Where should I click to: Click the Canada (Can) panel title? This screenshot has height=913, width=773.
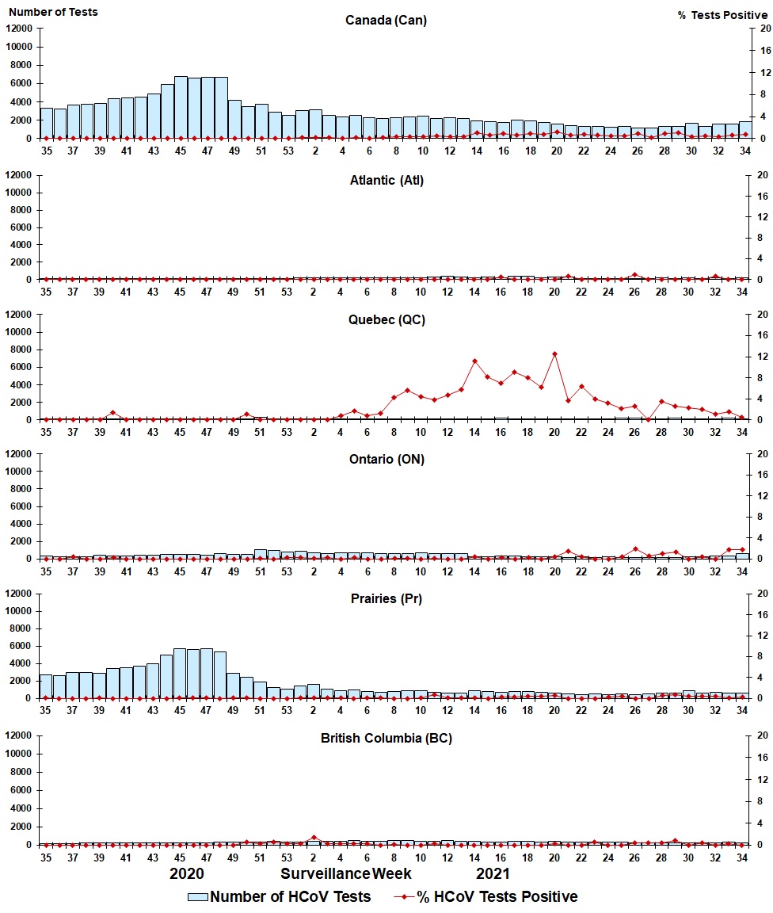click(386, 21)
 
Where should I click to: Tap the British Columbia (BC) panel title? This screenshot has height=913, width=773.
click(386, 738)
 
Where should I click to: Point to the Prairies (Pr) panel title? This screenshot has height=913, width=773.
click(386, 598)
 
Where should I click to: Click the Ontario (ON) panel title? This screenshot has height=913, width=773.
click(386, 459)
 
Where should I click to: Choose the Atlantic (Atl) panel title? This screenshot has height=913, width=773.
click(386, 181)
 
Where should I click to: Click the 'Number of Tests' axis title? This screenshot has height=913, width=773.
click(52, 12)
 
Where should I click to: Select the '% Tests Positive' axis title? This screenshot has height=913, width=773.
click(722, 15)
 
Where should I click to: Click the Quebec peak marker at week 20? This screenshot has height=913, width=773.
click(555, 354)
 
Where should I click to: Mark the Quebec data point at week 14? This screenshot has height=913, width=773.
click(474, 361)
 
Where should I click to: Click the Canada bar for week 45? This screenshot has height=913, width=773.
click(181, 108)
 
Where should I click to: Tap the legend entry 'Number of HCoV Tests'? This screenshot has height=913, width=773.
click(279, 896)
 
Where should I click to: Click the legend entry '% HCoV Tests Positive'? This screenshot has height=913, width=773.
click(486, 896)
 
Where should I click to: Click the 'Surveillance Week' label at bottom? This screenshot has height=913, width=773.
click(346, 873)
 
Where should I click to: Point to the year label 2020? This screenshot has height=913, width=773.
click(187, 873)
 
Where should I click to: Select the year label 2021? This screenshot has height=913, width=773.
click(493, 873)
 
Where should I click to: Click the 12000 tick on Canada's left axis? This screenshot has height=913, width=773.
click(19, 29)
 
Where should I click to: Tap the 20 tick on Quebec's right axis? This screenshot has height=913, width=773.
click(764, 315)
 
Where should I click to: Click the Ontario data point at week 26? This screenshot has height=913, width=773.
click(635, 549)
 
